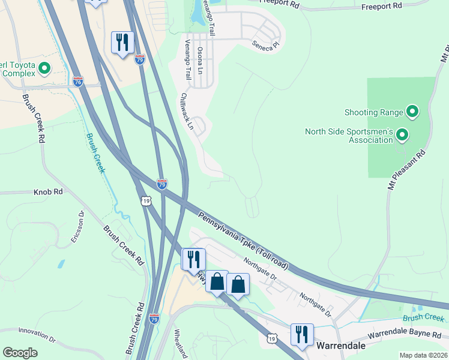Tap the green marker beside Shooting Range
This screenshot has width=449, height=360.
point(412,112)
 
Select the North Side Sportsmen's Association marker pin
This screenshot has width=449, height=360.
point(402,136)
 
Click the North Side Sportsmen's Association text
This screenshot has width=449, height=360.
point(348,136)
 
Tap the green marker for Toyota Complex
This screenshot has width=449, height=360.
point(44,69)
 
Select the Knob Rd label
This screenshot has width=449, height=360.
point(49,192)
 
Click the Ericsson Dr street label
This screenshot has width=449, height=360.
point(77,226)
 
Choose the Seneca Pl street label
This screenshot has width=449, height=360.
point(265,45)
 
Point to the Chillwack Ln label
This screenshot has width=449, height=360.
point(187,112)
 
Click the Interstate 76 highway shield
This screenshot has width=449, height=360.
point(78,81)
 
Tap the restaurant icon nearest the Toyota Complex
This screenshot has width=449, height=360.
point(122,42)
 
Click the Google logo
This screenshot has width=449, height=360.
point(20,353)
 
